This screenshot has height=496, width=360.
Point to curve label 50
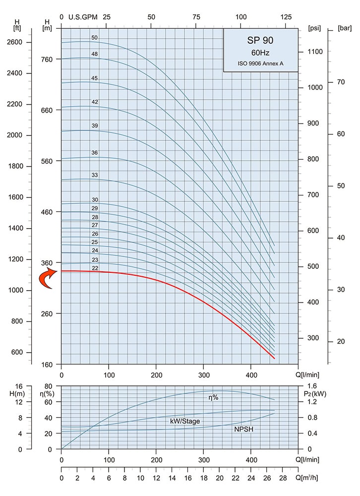tap(95, 38)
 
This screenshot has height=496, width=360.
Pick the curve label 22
tap(95, 268)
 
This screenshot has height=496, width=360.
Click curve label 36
tap(95, 153)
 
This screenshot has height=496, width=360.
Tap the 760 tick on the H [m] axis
tap(48, 59)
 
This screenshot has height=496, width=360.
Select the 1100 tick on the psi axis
tap(315, 52)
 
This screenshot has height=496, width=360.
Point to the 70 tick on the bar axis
tap(341, 82)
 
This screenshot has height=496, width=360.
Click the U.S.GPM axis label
tap(82, 17)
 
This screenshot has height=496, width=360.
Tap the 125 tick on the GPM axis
tap(286, 17)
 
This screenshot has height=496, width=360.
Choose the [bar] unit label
tap(344, 28)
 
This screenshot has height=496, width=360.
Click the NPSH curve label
tap(244, 429)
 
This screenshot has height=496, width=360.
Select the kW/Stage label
tap(185, 421)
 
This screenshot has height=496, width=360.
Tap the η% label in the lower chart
tap(213, 397)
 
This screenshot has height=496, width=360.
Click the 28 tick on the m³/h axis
tap(283, 478)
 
